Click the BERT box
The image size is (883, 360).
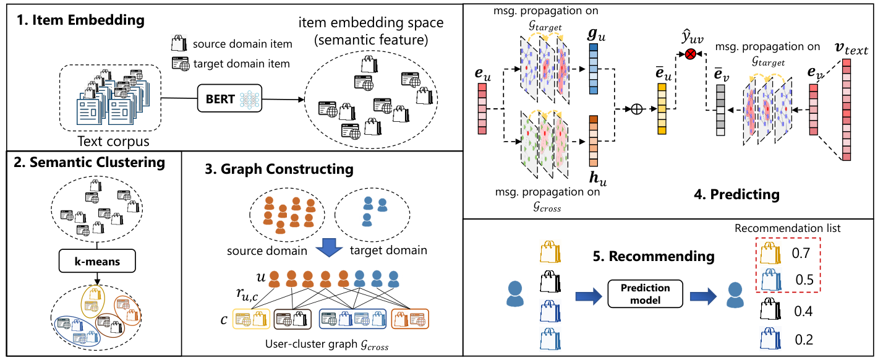[229, 98]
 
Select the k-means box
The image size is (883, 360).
[97, 261]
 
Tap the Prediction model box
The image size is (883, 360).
[645, 294]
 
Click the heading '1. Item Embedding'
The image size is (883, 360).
[80, 20]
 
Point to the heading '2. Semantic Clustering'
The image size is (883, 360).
[89, 163]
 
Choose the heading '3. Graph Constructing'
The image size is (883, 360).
[279, 169]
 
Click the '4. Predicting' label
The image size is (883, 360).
[736, 194]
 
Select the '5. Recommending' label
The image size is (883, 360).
[654, 256]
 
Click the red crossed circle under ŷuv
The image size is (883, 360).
[690, 54]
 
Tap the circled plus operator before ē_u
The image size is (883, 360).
[637, 109]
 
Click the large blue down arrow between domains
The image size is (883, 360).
[329, 247]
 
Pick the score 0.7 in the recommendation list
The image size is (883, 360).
[801, 253]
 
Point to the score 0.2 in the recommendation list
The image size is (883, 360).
[804, 340]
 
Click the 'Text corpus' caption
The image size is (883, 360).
[113, 141]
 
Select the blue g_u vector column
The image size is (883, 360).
[593, 69]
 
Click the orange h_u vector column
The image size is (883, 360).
[593, 141]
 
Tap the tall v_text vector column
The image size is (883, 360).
[847, 109]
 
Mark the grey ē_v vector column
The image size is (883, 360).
[720, 110]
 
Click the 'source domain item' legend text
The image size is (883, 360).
[242, 44]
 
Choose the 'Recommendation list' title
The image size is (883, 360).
[787, 228]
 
